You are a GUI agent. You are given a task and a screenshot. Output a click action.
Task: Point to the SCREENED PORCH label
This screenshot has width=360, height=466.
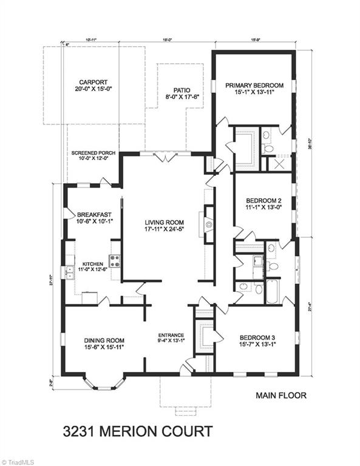pos(93,153)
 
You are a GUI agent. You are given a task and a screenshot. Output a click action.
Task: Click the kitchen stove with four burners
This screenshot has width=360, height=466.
pos(115,261)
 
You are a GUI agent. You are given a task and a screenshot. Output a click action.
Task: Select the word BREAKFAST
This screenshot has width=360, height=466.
pos(93,215)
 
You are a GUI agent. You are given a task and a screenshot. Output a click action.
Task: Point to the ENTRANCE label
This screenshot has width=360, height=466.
pos(171,334)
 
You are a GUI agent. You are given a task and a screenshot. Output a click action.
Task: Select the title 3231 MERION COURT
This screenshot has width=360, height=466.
pos(138,431)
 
